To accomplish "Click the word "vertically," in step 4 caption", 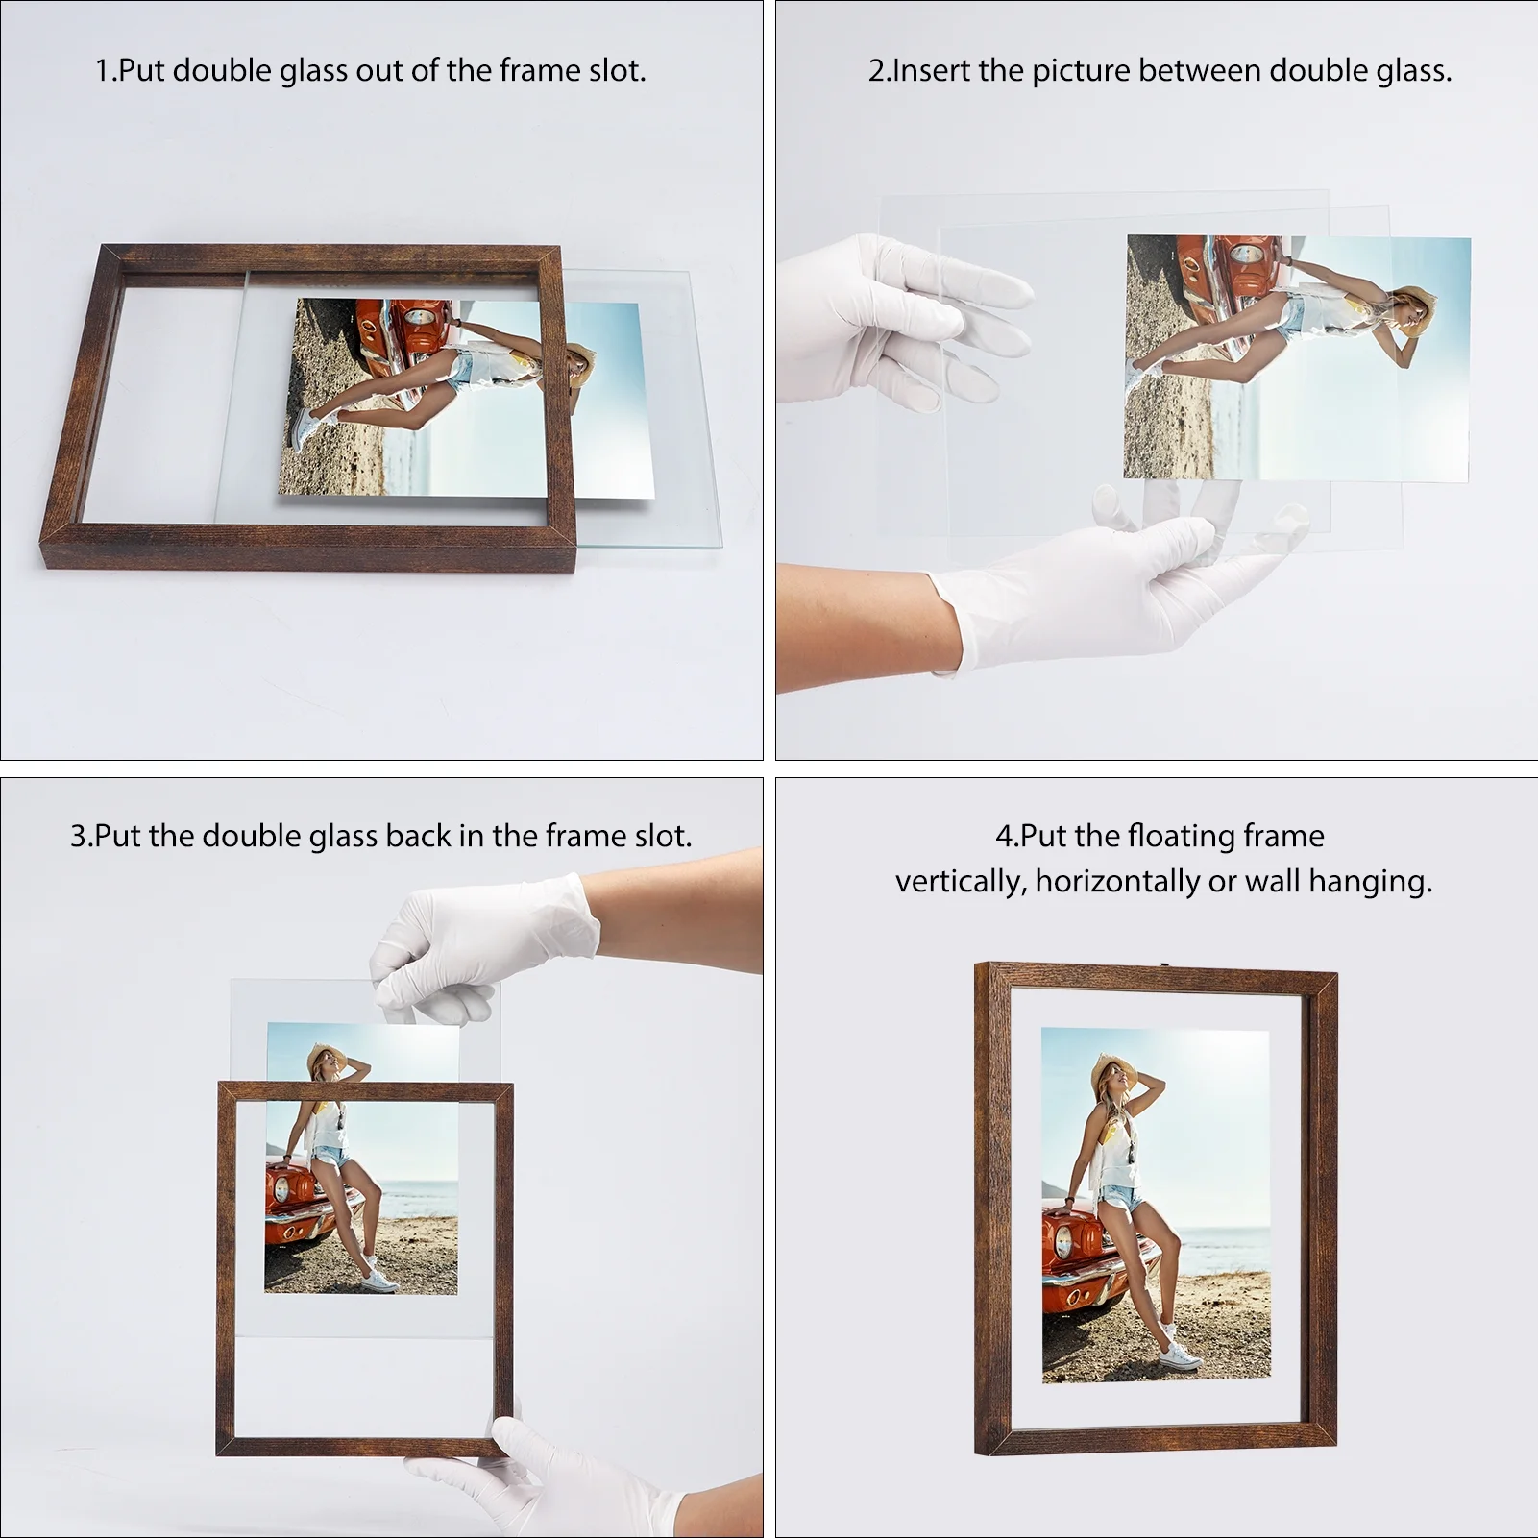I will [x=962, y=881].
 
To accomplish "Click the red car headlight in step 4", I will [x=1062, y=1244].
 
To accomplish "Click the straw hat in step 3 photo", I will [x=325, y=1060].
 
